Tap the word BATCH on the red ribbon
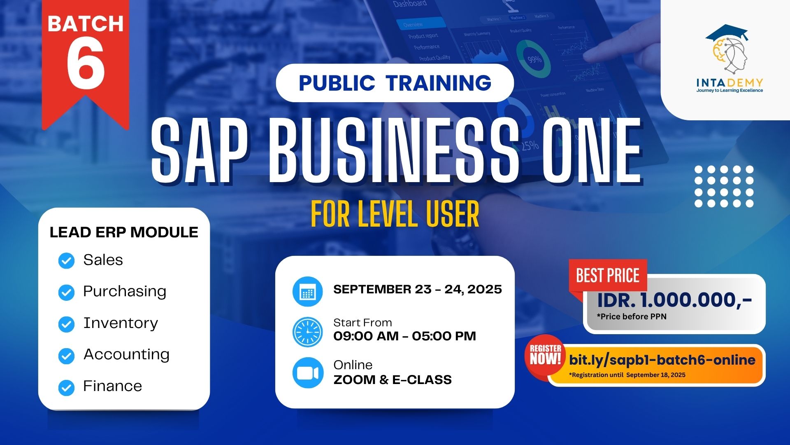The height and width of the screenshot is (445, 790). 86,24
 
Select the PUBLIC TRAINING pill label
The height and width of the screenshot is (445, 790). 395,83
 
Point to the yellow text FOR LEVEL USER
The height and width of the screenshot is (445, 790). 395,214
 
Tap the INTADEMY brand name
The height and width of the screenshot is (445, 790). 730,83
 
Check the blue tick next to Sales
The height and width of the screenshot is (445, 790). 66,261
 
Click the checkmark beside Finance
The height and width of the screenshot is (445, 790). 66,387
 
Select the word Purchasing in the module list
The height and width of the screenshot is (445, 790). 125,291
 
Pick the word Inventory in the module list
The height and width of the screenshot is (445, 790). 121,323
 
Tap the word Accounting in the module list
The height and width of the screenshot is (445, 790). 126,354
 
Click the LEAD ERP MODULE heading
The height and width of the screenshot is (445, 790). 124,232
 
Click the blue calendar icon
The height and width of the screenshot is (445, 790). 307,292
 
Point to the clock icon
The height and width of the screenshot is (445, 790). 307,332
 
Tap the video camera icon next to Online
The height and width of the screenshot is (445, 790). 307,373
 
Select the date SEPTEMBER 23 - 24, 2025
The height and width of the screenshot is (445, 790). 417,289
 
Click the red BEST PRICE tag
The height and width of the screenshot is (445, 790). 608,275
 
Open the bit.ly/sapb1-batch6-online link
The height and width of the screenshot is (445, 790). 662,360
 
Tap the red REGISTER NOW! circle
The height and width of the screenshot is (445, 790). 545,356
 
